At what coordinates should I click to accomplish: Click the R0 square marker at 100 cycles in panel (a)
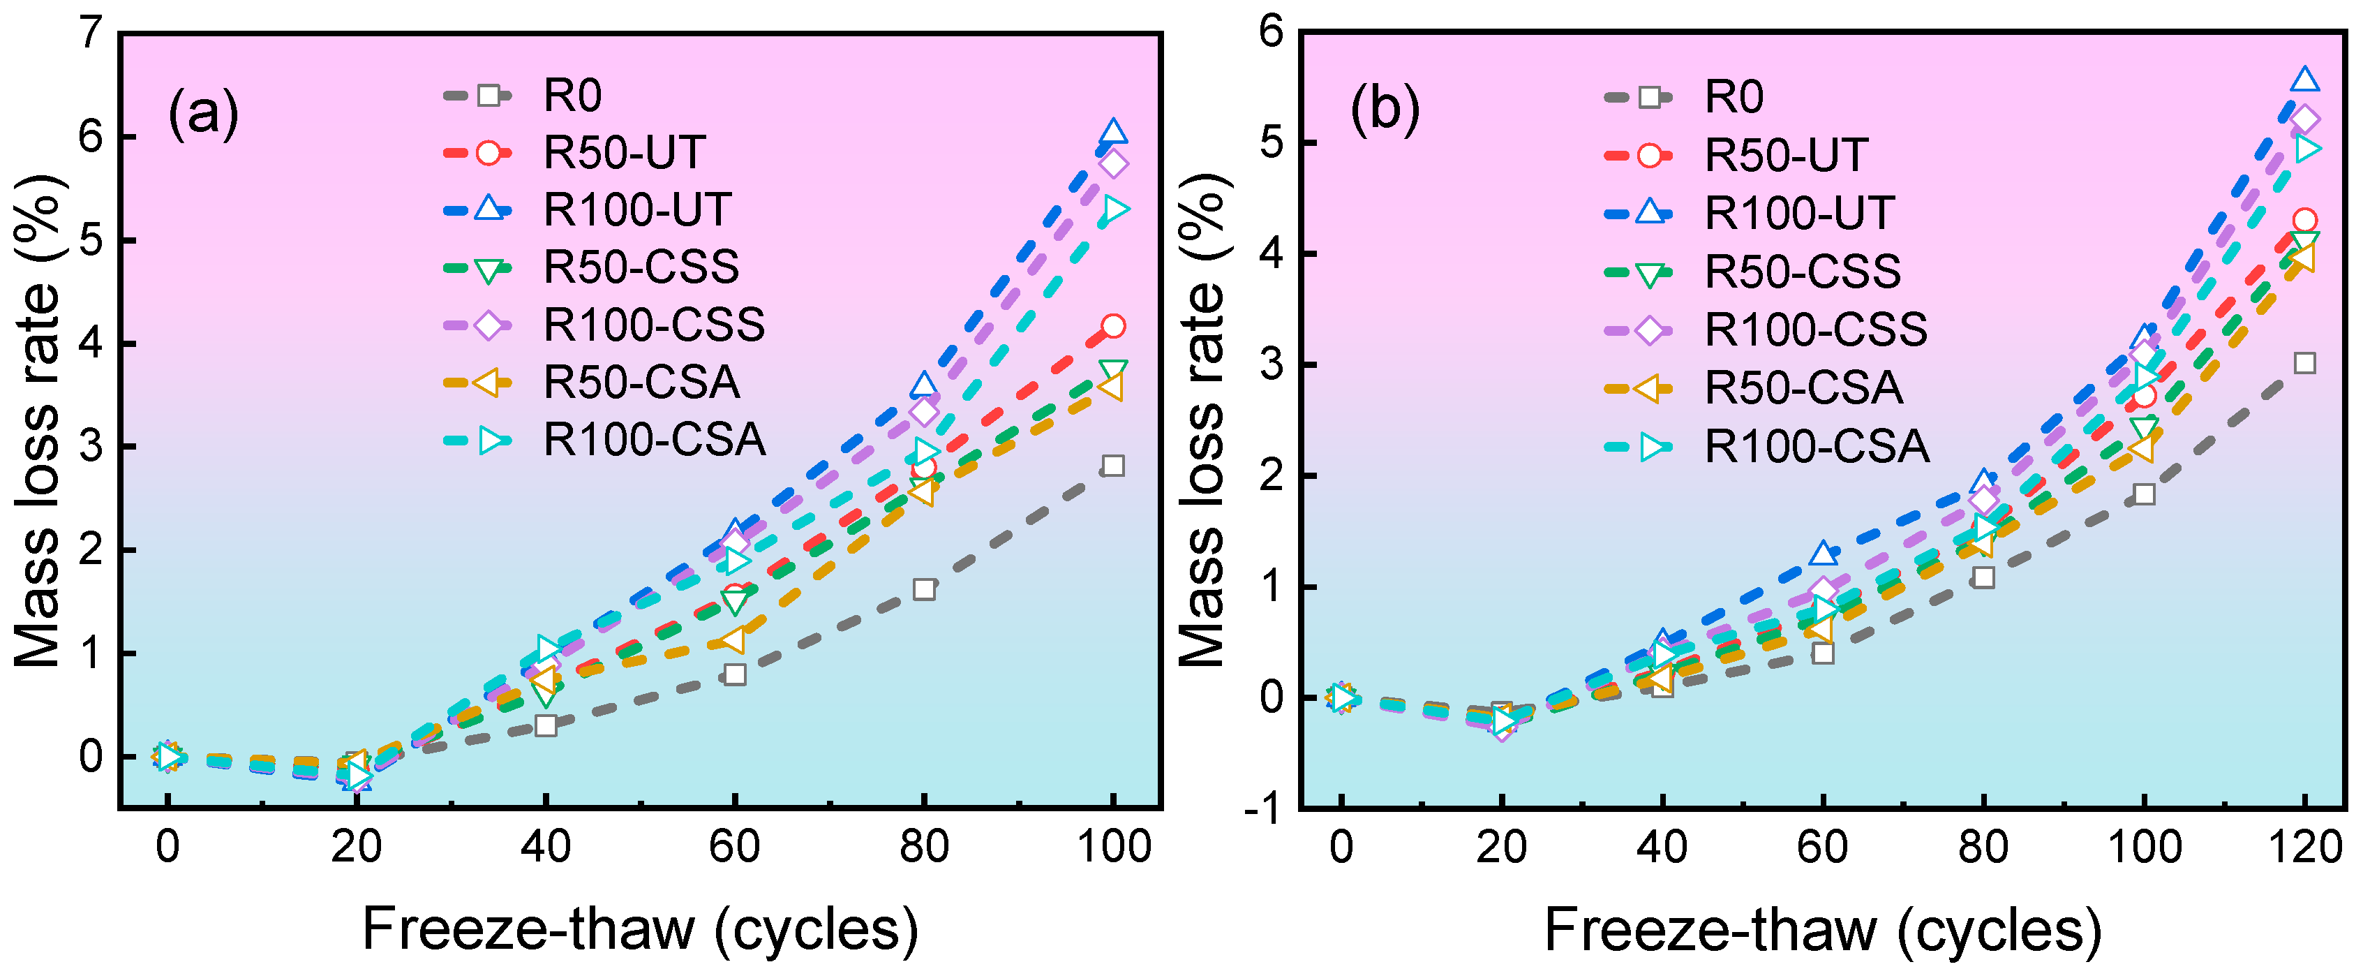coord(1112,466)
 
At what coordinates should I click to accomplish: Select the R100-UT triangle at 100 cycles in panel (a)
coord(1112,131)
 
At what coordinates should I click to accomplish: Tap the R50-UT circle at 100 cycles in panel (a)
coord(1112,325)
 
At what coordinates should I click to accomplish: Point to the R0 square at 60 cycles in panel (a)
coord(735,674)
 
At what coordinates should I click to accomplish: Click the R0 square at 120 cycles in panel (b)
coord(2304,363)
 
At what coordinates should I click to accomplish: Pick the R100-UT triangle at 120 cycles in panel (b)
coord(2304,80)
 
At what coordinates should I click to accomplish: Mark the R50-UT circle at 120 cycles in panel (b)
coord(2304,220)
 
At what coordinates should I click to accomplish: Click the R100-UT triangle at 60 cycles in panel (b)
coord(1823,553)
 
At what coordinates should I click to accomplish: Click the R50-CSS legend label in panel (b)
coord(1803,271)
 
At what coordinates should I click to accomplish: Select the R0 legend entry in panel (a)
coord(523,96)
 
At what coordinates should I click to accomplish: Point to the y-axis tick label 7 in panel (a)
coord(91,34)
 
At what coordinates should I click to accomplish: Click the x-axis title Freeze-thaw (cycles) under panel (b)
coord(1823,929)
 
